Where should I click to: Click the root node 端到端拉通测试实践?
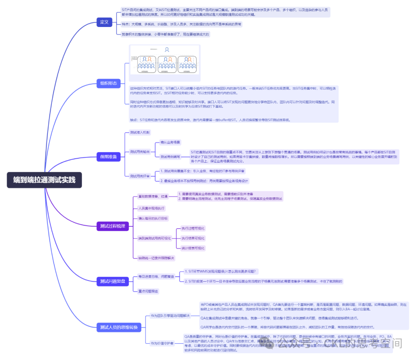pyautogui.click(x=44, y=180)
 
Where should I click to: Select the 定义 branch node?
pyautogui.click(x=104, y=22)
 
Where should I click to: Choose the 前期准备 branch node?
pyautogui.click(x=109, y=156)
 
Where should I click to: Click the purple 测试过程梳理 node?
pyautogui.click(x=112, y=226)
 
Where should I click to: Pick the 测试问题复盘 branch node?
pyautogui.click(x=112, y=281)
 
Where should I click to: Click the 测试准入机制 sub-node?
pyautogui.click(x=140, y=133)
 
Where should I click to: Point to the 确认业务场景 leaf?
pyautogui.click(x=170, y=143)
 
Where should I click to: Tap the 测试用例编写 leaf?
pyautogui.click(x=170, y=156)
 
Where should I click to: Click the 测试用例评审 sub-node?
pyautogui.click(x=140, y=176)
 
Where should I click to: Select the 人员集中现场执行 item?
pyautogui.click(x=151, y=208)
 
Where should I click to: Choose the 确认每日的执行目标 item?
pyautogui.click(x=153, y=218)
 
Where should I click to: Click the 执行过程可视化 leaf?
pyautogui.click(x=193, y=228)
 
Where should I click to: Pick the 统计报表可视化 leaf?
pyautogui.click(x=193, y=248)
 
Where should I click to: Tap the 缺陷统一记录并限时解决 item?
pyautogui.click(x=156, y=258)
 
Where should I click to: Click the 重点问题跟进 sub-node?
pyautogui.click(x=148, y=291)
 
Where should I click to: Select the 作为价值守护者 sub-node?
pyautogui.click(x=162, y=343)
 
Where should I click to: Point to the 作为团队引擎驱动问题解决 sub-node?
pyautogui.click(x=170, y=316)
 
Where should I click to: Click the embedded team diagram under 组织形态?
pyautogui.click(x=165, y=60)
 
